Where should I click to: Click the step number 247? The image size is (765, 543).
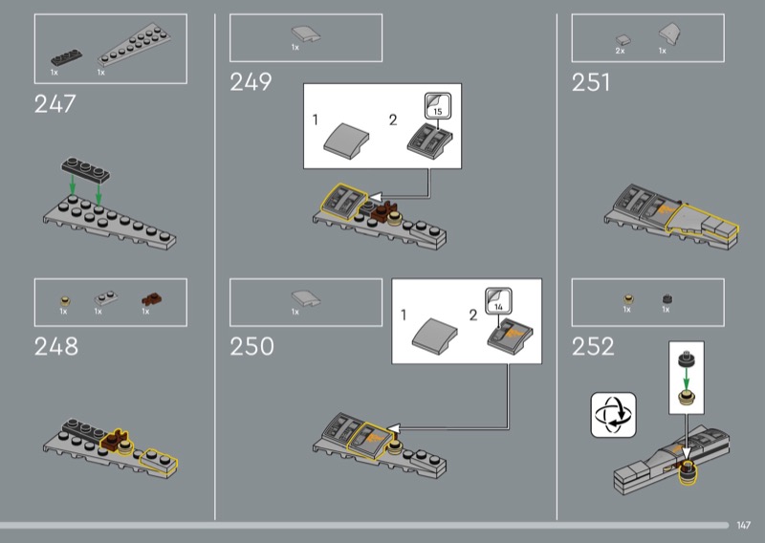[55, 103]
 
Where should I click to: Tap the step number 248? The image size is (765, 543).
[56, 346]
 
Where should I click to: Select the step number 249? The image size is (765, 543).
[251, 81]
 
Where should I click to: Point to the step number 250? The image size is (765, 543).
[251, 346]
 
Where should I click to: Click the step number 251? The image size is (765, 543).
[591, 82]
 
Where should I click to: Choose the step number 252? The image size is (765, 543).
[593, 346]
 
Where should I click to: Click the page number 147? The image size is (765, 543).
[744, 525]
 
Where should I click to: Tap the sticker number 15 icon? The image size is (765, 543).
[438, 106]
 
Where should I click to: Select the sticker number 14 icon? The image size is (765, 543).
[498, 301]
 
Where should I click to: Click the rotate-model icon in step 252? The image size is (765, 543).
[613, 415]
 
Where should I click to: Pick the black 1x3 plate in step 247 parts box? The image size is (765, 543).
[66, 57]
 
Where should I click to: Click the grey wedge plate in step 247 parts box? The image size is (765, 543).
[134, 46]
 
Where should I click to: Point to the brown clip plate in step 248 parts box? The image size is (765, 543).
[152, 298]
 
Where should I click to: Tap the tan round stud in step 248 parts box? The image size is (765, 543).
[65, 300]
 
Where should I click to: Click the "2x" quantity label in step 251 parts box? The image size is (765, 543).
[620, 51]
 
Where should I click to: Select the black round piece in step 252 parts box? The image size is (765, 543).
[667, 298]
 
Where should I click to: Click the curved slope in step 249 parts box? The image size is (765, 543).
[306, 34]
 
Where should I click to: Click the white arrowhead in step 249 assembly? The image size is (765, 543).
[375, 197]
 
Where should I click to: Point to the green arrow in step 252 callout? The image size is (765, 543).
[686, 380]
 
